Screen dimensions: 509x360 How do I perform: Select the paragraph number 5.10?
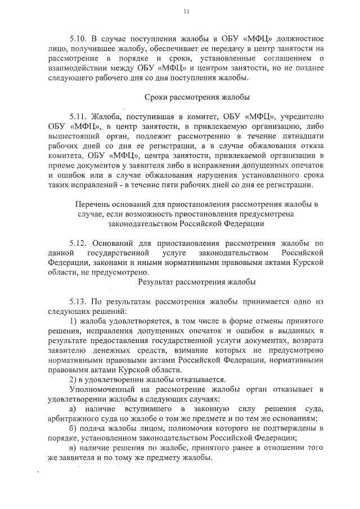point(78,39)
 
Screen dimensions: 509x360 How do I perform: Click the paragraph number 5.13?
point(78,301)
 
